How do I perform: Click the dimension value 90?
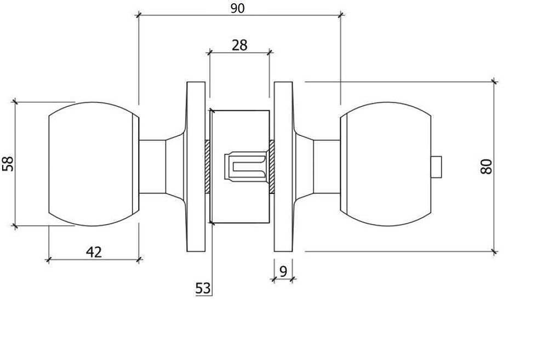tap(238, 8)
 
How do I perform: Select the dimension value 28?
tap(239, 45)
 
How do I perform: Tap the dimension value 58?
tap(8, 164)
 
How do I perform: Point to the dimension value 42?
tap(94, 252)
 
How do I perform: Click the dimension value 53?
tap(203, 288)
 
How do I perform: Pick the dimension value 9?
tap(283, 271)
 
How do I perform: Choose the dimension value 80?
tap(486, 167)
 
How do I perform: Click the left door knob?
tap(94, 164)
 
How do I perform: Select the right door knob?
tap(385, 164)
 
